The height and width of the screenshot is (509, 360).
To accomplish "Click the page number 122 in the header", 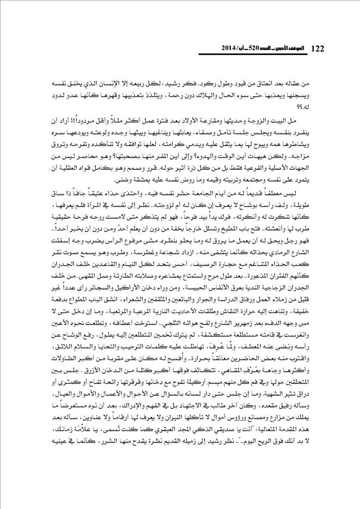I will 317,49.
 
